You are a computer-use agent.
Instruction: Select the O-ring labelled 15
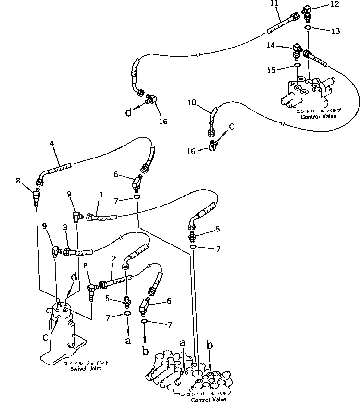[x=298, y=66]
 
